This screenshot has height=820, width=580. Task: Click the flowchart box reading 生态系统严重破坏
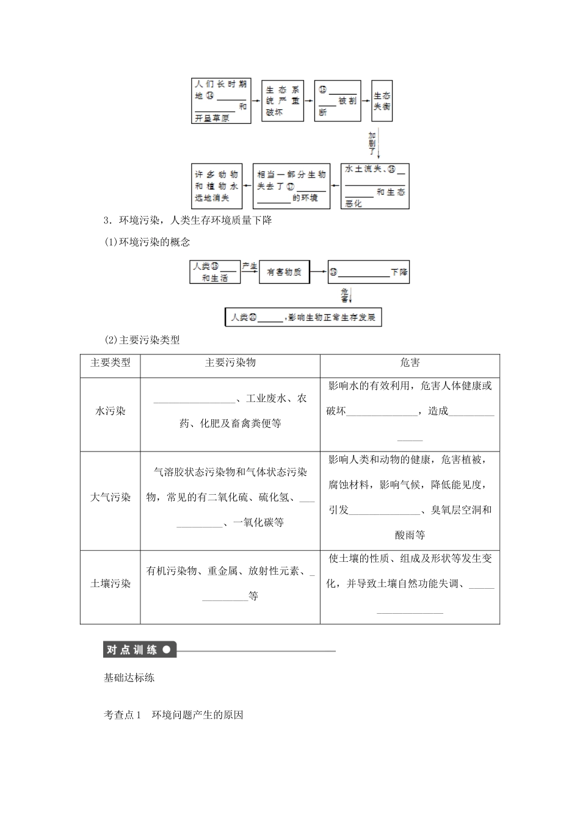(x=283, y=101)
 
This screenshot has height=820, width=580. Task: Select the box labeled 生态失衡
(x=382, y=101)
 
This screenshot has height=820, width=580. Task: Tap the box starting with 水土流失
(x=375, y=186)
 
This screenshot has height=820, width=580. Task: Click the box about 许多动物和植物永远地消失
(x=217, y=186)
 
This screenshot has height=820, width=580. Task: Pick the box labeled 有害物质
(x=284, y=272)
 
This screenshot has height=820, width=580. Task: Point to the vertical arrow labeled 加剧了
(x=378, y=144)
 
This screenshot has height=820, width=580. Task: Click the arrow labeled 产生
(x=250, y=268)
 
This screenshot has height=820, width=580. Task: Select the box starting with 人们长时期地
(x=221, y=101)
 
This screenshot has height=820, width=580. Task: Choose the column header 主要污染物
(x=230, y=363)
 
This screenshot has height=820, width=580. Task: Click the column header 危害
(x=410, y=363)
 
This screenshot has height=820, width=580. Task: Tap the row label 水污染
(x=111, y=411)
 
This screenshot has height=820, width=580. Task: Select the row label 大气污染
(x=111, y=497)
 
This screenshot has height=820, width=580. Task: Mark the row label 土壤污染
(x=111, y=583)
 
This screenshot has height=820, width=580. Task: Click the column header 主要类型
(x=111, y=363)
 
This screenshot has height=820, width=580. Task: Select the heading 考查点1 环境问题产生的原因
(x=174, y=715)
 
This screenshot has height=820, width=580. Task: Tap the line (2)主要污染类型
(x=142, y=340)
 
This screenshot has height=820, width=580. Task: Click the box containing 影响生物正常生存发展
(x=303, y=318)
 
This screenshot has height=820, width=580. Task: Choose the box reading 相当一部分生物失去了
(x=292, y=186)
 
